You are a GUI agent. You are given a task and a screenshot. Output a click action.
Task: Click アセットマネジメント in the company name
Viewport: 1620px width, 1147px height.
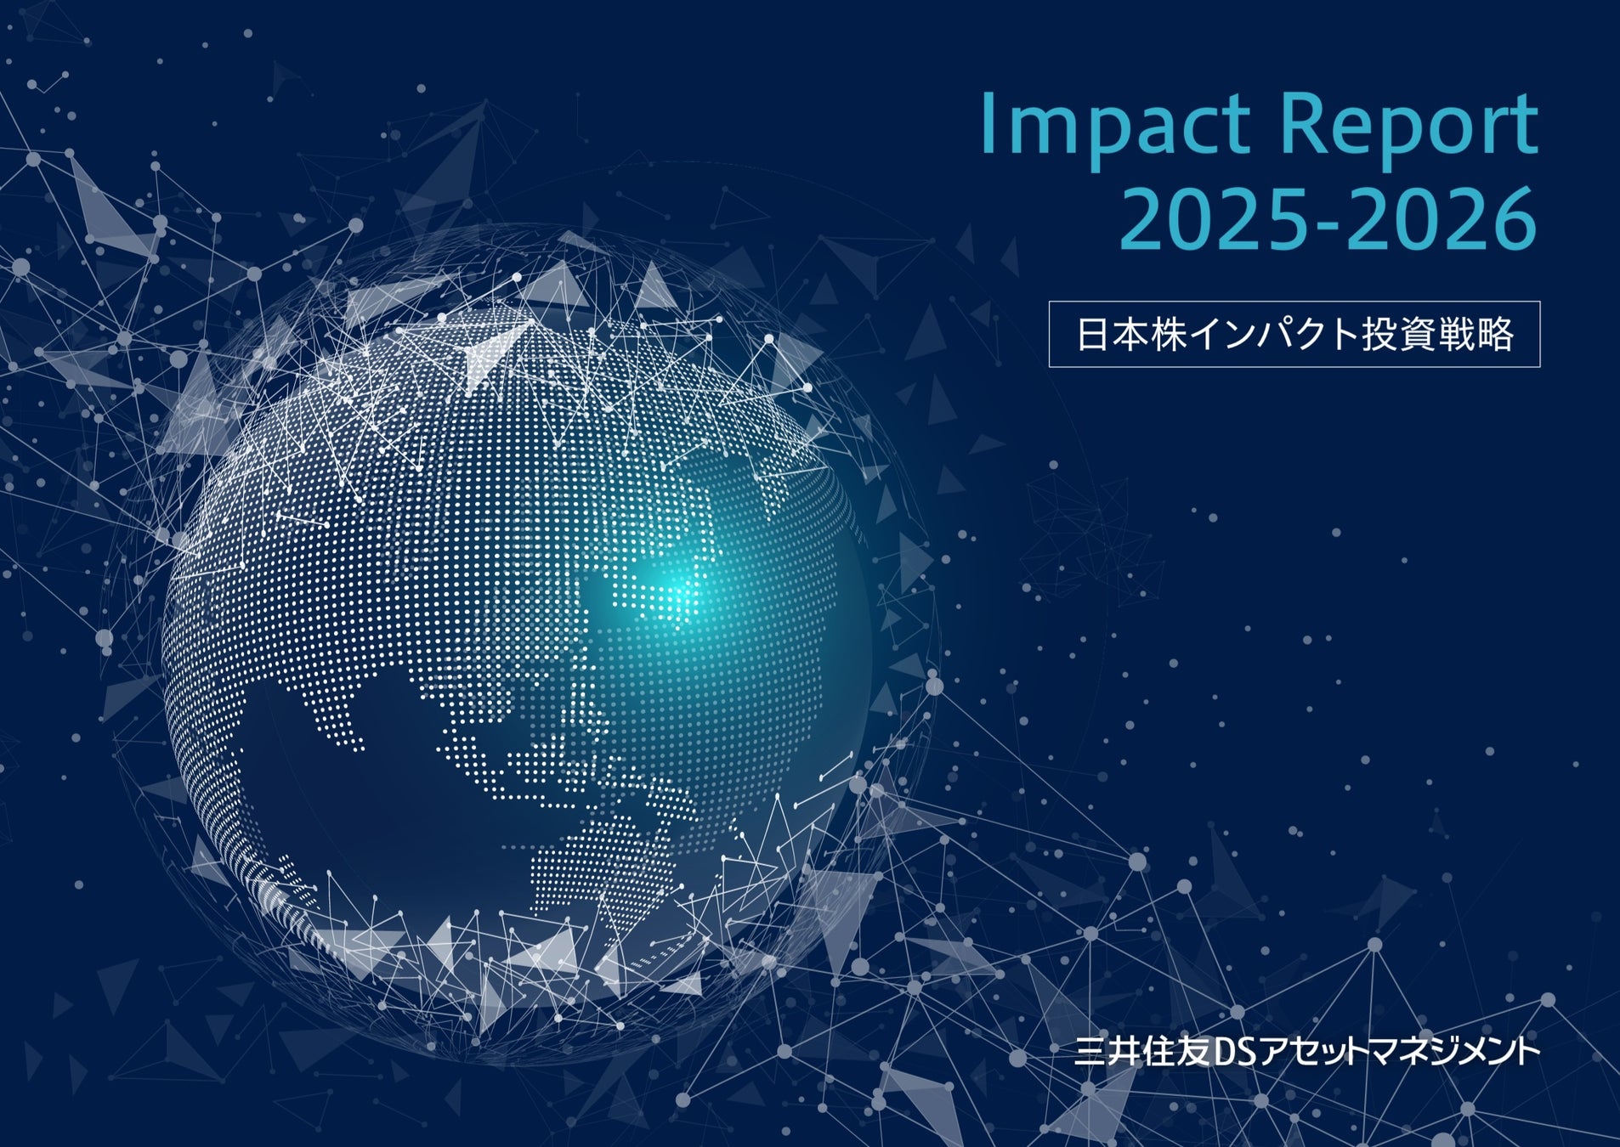tap(1399, 1053)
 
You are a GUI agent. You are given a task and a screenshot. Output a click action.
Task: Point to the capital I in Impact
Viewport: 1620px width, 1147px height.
tap(988, 124)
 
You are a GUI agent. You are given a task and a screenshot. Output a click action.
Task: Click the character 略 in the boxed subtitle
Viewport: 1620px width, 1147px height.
tap(1495, 335)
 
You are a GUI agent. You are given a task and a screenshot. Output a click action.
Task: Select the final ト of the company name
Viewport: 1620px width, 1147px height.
tap(1528, 1053)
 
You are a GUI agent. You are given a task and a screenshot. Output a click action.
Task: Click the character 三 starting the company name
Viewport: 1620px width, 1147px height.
tap(1090, 1053)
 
